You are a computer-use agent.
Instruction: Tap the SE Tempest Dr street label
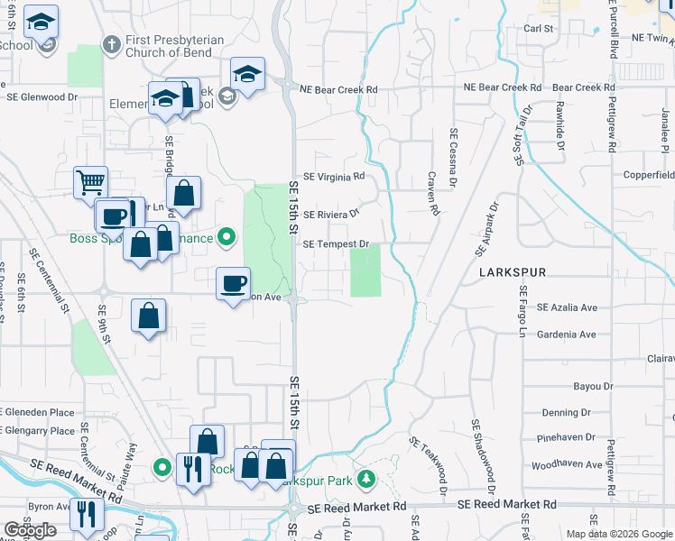point(337,244)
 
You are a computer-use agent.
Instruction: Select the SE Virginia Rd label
point(334,178)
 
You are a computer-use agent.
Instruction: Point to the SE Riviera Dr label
point(331,215)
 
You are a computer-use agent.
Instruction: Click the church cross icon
point(112,43)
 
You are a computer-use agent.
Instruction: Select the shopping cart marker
point(90,182)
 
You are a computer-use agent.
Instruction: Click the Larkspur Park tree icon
point(365,477)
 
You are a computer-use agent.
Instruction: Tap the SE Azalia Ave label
point(567,307)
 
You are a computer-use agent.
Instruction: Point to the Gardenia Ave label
point(566,335)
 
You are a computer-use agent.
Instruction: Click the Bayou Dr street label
point(593,386)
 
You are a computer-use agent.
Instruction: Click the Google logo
point(30,530)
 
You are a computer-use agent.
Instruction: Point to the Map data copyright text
point(618,534)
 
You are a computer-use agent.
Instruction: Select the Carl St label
point(538,29)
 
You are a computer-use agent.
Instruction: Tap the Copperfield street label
point(647,172)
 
